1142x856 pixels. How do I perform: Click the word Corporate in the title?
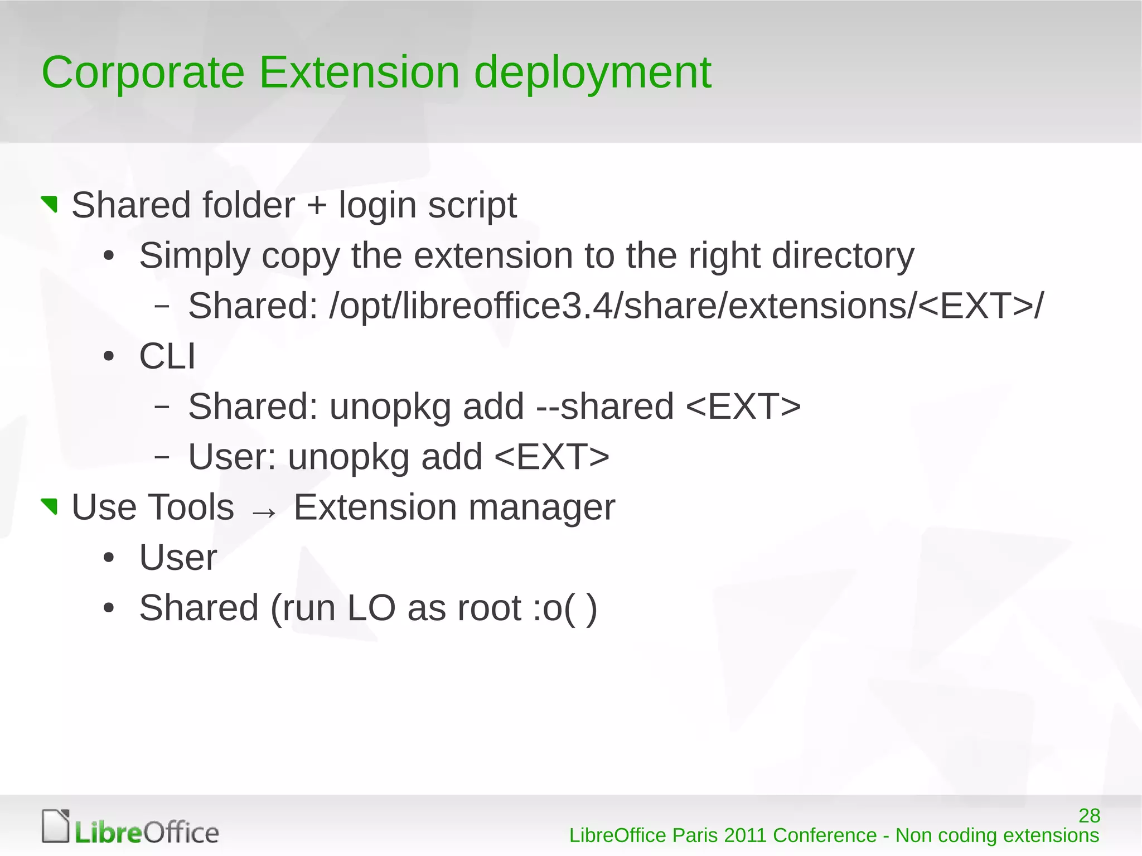click(x=143, y=72)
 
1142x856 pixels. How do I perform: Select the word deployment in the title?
click(x=592, y=74)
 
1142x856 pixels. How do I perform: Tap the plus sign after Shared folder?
click(x=316, y=205)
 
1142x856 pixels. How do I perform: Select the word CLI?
click(x=167, y=356)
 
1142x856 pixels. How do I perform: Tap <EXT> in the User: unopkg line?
click(x=551, y=457)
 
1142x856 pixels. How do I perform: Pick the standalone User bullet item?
click(x=178, y=557)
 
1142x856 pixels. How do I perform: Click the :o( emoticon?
click(x=558, y=608)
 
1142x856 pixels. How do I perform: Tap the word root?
click(x=489, y=608)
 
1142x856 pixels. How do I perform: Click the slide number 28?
click(x=1089, y=816)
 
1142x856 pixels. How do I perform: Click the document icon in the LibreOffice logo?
click(x=56, y=825)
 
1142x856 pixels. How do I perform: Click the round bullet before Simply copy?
click(x=109, y=257)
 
